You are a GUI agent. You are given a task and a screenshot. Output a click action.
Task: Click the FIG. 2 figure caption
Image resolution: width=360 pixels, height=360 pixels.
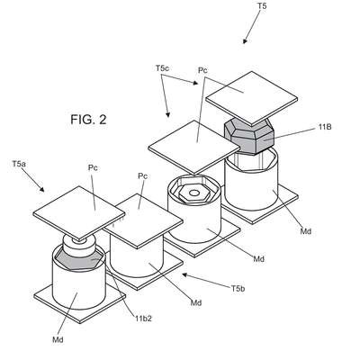click(x=88, y=120)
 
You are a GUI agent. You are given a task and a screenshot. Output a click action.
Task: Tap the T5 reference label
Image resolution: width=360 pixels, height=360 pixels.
click(x=262, y=5)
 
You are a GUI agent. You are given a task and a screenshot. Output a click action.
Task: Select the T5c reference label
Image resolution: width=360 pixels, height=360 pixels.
click(x=162, y=68)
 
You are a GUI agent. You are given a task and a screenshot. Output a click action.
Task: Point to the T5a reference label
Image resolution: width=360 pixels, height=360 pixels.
click(x=19, y=164)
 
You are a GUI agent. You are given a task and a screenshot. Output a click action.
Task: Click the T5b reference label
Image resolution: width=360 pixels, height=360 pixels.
click(x=238, y=289)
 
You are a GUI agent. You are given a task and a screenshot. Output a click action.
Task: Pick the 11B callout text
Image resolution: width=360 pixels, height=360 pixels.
click(x=325, y=127)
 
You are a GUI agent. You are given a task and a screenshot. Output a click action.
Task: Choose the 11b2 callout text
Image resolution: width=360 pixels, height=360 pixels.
click(x=142, y=319)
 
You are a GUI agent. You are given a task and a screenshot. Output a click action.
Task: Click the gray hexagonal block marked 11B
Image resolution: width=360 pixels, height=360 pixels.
click(x=249, y=137)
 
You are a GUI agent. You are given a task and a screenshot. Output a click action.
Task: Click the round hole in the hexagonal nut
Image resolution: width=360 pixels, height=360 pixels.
click(x=194, y=193)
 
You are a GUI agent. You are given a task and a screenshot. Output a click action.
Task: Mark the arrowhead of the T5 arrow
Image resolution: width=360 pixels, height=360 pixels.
click(x=245, y=41)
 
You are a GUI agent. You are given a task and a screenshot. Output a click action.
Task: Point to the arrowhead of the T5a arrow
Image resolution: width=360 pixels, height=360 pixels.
click(x=42, y=190)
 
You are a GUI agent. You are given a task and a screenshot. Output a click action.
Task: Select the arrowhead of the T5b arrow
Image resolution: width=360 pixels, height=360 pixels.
click(x=184, y=274)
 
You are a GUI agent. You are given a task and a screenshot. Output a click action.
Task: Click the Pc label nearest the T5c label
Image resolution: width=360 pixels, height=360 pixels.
click(x=202, y=70)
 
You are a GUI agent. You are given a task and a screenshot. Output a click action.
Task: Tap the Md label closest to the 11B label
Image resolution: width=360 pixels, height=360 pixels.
click(x=306, y=231)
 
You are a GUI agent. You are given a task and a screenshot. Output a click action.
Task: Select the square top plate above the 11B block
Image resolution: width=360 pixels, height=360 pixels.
click(x=252, y=98)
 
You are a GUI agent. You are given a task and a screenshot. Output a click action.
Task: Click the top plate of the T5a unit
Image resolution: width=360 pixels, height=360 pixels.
click(x=79, y=214)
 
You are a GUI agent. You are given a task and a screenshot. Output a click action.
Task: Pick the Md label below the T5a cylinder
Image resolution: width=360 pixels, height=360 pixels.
click(x=58, y=340)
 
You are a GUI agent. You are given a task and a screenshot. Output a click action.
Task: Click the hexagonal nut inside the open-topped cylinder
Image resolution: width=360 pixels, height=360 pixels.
click(x=194, y=193)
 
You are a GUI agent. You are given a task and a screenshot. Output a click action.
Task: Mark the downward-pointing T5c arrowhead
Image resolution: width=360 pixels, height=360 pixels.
click(x=168, y=114)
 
